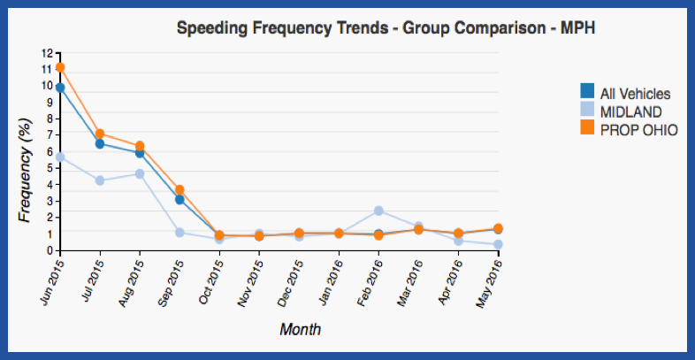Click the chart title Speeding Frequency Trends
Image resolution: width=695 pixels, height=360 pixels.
coord(386,28)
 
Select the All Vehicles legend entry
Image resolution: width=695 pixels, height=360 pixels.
coord(635,93)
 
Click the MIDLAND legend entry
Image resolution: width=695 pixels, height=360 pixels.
coord(630,111)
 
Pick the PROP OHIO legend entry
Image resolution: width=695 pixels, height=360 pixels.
coord(638,129)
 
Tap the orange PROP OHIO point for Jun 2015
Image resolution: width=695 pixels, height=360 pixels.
coord(60,67)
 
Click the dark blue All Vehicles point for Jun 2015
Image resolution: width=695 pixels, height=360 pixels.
coord(60,88)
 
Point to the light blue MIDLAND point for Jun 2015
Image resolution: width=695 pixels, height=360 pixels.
coord(60,157)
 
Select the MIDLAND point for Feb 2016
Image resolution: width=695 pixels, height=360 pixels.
coord(378,211)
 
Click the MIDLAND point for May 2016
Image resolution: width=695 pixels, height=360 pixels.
coord(499,244)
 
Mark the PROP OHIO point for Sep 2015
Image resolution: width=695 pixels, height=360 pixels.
coord(179,189)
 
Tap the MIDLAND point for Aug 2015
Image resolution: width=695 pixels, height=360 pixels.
coord(140,173)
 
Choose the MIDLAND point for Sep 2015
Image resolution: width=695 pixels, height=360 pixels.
coord(179,233)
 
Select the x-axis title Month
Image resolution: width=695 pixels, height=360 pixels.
coord(300,329)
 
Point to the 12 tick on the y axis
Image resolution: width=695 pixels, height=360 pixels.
coord(46,52)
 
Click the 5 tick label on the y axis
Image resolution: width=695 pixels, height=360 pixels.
coord(48,167)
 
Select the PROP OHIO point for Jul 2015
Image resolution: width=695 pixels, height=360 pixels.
coord(100,134)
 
